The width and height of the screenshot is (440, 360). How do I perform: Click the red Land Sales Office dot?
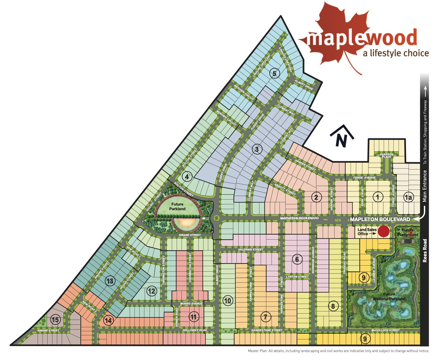383,231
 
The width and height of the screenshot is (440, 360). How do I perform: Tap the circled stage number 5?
274,73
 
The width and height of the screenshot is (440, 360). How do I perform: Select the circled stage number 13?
110,281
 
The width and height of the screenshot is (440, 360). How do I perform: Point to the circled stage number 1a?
408,197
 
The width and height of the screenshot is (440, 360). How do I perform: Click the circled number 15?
55,320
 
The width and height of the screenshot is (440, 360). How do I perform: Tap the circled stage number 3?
257,149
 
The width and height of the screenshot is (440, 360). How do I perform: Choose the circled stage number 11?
194,317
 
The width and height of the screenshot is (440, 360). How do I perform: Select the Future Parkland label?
177,206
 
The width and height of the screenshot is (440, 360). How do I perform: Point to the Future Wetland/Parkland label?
389,296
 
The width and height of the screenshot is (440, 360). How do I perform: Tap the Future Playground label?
408,232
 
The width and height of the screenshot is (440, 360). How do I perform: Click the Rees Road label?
425,251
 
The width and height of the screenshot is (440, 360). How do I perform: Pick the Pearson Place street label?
387,155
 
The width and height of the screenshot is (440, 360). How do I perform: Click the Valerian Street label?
250,249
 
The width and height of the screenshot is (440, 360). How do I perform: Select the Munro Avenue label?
191,303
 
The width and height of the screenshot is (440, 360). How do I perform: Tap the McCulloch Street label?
385,330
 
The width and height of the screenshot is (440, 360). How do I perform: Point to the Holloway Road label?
195,330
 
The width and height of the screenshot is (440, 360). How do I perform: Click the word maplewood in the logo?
362,38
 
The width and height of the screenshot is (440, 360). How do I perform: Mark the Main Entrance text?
425,186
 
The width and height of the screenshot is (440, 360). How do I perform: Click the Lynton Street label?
297,277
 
